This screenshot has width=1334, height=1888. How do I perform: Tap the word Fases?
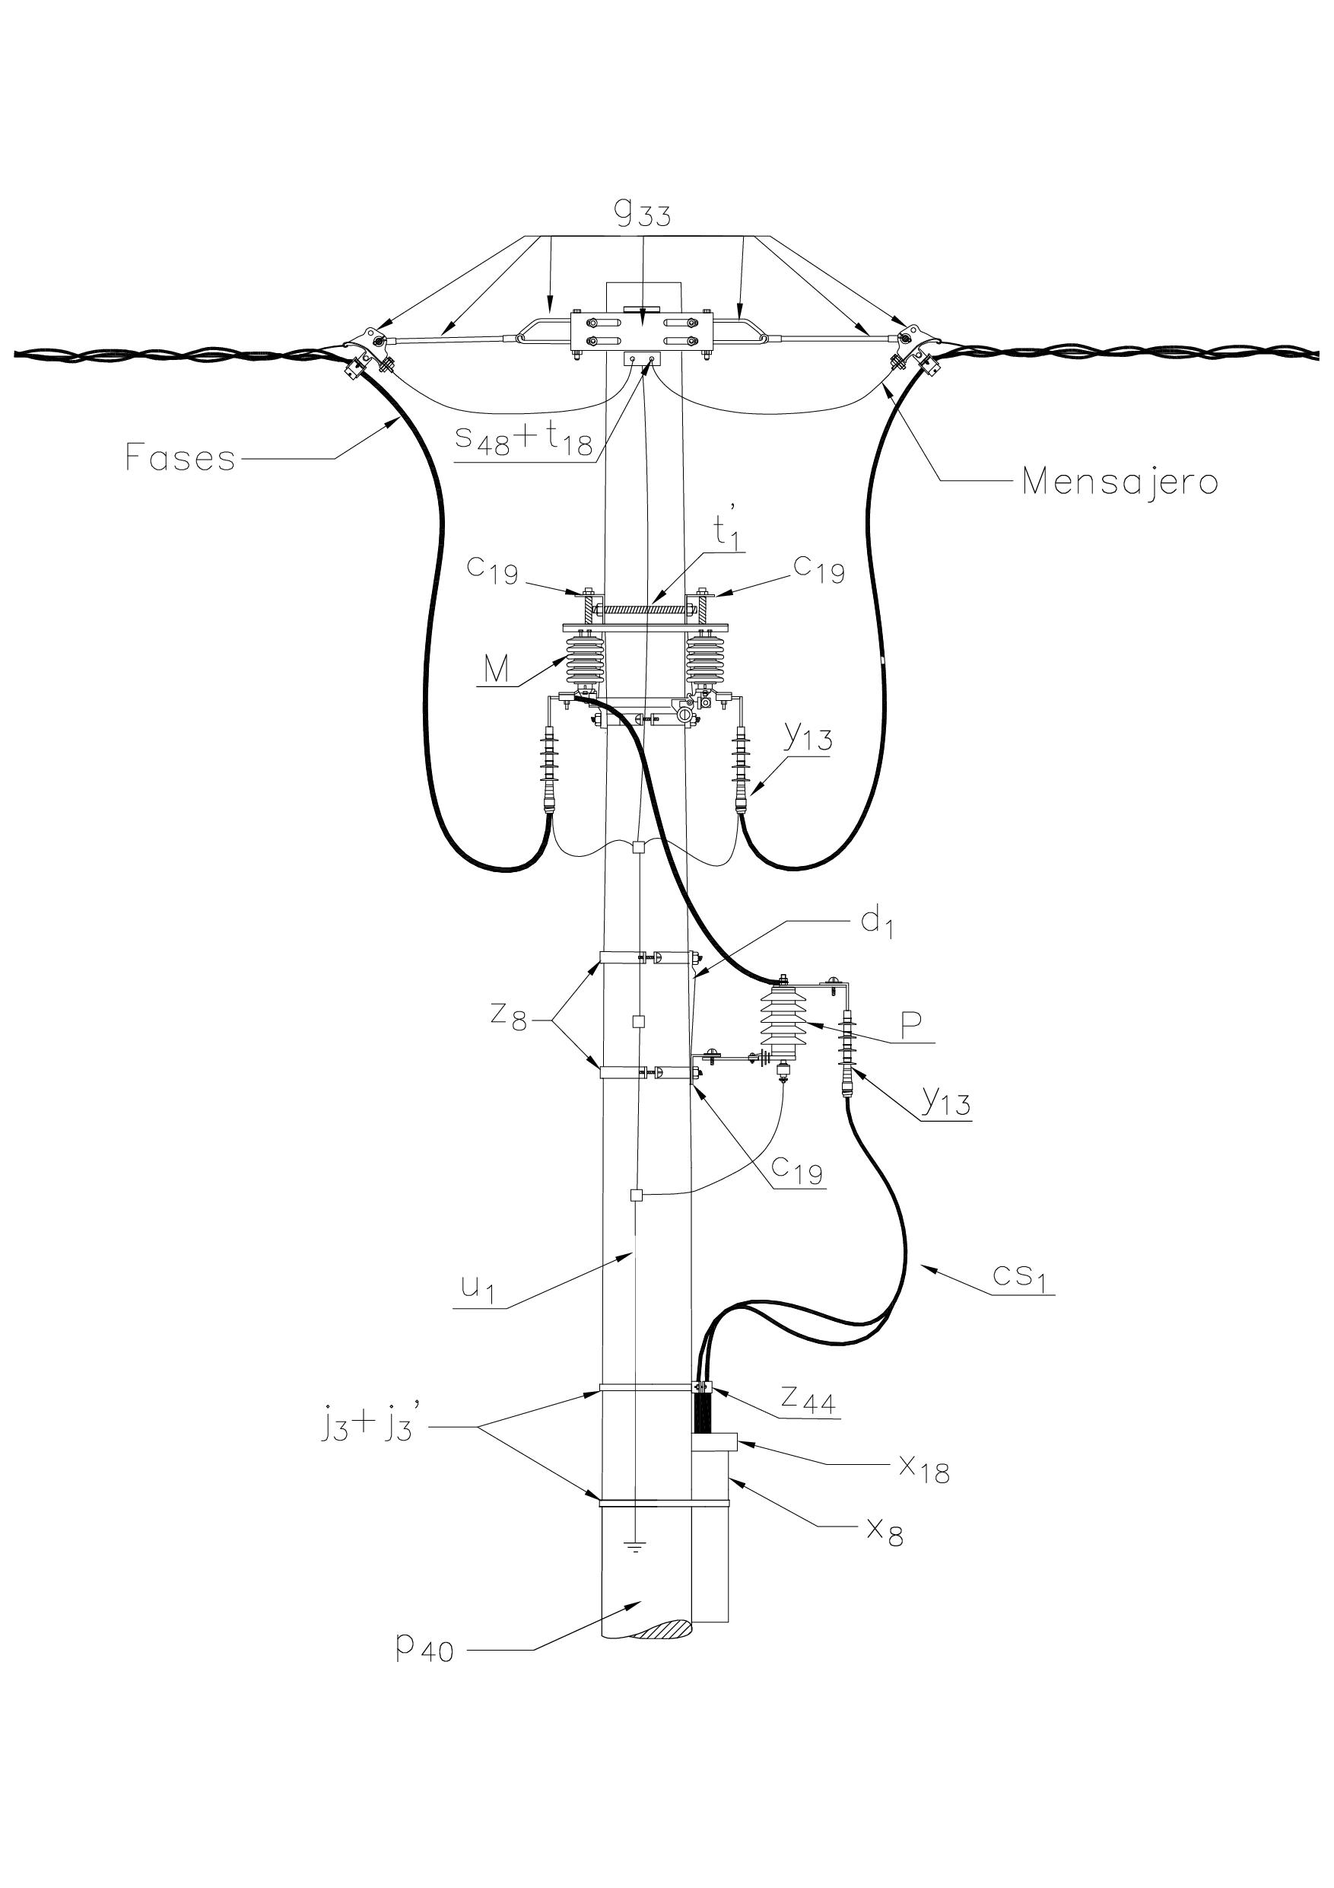tap(180, 457)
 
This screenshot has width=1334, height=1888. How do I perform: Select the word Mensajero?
tap(1120, 481)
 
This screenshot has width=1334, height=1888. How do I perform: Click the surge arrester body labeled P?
tap(783, 1022)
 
